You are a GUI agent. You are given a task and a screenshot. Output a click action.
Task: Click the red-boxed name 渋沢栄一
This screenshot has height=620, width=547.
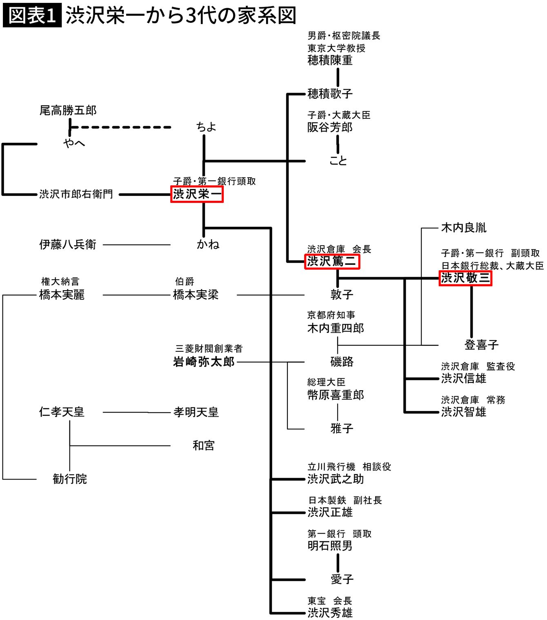click(197, 194)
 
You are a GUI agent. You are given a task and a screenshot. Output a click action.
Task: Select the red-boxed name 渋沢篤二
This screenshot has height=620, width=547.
click(332, 261)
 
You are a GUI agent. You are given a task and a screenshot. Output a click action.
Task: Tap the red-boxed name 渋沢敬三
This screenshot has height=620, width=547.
click(465, 278)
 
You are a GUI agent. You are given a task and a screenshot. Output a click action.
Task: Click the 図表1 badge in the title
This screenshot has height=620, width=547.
click(32, 16)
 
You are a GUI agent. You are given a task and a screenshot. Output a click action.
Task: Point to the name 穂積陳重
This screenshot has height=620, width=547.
click(330, 60)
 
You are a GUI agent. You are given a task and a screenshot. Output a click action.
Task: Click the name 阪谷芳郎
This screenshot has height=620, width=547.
click(330, 127)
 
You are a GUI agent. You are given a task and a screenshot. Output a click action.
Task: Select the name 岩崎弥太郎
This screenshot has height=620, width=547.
click(204, 362)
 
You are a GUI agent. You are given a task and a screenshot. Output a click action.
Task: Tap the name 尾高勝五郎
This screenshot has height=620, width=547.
click(68, 110)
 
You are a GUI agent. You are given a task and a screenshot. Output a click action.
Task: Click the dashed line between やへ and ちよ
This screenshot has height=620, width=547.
click(120, 127)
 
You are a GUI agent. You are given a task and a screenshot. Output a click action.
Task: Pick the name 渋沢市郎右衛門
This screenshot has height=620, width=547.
click(76, 194)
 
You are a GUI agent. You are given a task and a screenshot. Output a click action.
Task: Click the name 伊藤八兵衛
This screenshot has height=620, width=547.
click(68, 244)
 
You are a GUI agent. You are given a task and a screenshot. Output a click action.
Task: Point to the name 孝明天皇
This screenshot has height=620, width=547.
click(196, 412)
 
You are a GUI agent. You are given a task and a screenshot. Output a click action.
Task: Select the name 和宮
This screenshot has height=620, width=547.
click(203, 445)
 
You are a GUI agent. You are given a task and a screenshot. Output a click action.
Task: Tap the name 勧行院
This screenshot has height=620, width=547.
click(70, 479)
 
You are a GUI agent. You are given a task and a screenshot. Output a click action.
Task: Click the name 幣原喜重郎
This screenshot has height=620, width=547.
click(336, 395)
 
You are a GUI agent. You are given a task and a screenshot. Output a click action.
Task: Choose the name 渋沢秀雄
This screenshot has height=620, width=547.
click(330, 613)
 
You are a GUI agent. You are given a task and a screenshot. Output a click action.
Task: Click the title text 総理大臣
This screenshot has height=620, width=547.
click(326, 382)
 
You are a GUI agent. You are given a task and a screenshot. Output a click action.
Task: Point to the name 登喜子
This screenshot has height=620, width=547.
click(482, 345)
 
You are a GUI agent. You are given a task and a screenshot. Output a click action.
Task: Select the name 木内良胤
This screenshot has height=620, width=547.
click(464, 228)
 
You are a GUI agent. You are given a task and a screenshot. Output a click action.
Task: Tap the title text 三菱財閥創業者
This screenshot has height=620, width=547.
click(209, 349)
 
